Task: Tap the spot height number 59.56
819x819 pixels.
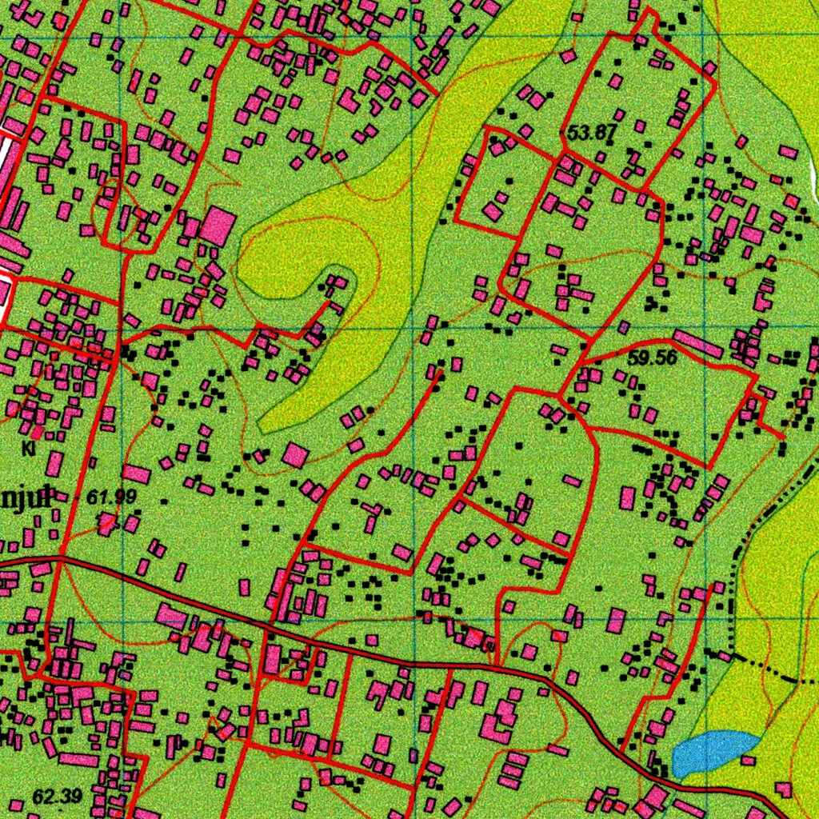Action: (x=652, y=358)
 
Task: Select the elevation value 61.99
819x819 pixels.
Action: (x=111, y=497)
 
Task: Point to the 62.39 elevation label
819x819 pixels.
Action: (x=58, y=796)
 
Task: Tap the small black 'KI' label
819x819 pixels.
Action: (x=30, y=449)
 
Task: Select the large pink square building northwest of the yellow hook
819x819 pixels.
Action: (x=218, y=226)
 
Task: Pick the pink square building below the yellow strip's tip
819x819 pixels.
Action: (x=295, y=455)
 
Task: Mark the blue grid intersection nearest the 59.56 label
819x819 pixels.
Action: (x=704, y=329)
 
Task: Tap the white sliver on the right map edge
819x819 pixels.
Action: (x=813, y=168)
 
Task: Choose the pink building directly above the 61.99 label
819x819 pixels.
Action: (x=136, y=473)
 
